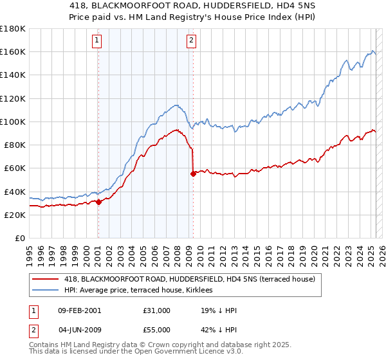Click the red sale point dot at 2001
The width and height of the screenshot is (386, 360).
[x=98, y=202]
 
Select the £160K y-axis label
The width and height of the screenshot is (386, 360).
[x=13, y=51]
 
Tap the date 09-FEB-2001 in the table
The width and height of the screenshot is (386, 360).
[x=78, y=310]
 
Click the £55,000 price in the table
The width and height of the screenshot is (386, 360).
[x=157, y=329]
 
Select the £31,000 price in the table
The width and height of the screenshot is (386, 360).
[x=157, y=310]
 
